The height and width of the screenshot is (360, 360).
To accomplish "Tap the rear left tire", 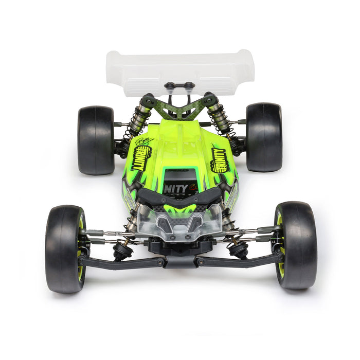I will pyautogui.click(x=96, y=139).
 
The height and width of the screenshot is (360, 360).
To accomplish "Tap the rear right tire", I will pyautogui.click(x=263, y=137).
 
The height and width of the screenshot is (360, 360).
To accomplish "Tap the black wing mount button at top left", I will pyautogui.click(x=170, y=85).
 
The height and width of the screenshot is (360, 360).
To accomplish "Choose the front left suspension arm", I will pyautogui.click(x=121, y=262).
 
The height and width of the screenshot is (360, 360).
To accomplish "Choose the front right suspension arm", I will pyautogui.click(x=239, y=261).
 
